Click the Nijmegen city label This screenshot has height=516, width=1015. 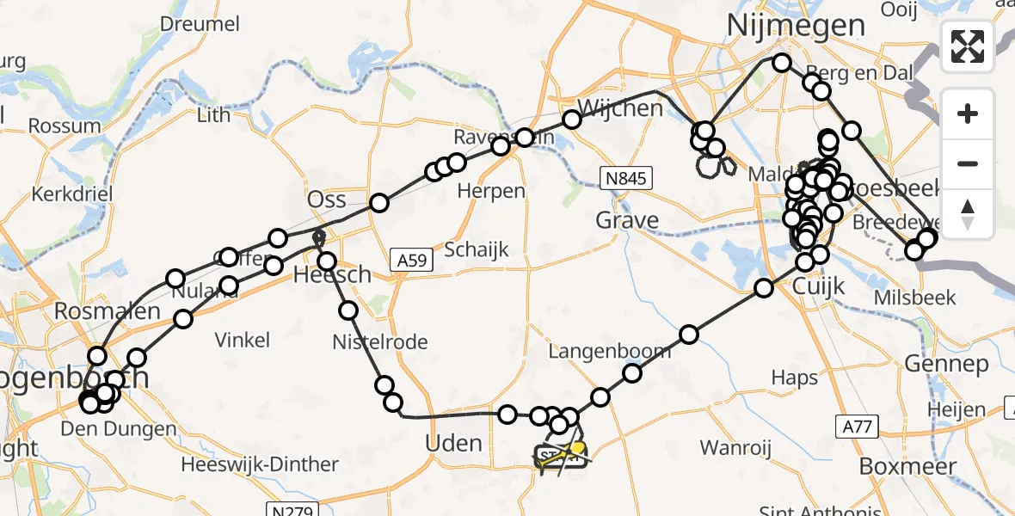[796, 25]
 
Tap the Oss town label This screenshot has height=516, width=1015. [327, 200]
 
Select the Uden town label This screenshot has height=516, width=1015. [454, 443]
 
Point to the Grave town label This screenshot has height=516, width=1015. [628, 221]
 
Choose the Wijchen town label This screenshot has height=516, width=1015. [620, 108]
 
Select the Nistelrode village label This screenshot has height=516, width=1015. [380, 342]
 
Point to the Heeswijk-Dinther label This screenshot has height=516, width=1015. [260, 465]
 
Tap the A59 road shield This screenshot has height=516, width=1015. [409, 258]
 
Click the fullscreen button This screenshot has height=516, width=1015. [968, 46]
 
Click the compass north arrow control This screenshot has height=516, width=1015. [968, 214]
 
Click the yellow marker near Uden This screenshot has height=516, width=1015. [579, 448]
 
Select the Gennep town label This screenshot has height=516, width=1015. [946, 365]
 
